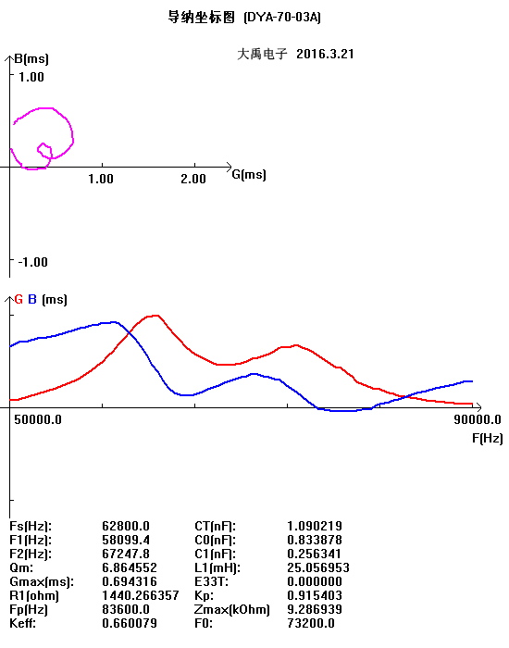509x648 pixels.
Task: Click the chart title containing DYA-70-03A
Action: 244,18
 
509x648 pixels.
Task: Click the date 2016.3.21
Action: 325,54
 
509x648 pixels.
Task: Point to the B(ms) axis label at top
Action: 31,58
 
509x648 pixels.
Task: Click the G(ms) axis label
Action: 249,174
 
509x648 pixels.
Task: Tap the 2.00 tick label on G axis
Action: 193,179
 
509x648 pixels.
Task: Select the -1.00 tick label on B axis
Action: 33,262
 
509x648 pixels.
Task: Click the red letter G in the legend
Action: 19,300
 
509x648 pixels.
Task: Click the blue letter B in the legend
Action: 32,300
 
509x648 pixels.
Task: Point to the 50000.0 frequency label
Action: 38,420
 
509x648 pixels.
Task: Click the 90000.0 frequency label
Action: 478,420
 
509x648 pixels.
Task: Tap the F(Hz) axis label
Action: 488,438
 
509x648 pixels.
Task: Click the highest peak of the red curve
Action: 155,316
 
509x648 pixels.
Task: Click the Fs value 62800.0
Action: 126,526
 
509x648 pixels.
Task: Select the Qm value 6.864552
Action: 130,567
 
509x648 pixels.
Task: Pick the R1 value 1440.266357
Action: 141,595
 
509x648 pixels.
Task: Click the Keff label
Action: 22,623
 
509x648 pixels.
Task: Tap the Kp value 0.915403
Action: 315,595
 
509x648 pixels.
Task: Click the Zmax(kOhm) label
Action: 231,609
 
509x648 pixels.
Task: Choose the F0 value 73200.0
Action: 311,623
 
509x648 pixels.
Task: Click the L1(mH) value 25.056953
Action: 318,567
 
